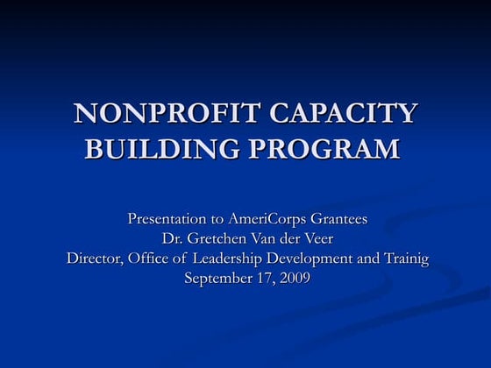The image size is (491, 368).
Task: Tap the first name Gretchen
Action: pos(217,238)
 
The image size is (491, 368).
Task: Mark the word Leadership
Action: pos(233,258)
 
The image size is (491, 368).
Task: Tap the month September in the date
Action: pos(218,279)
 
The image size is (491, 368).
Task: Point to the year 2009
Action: pos(294,279)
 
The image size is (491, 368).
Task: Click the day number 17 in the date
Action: pos(263,279)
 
